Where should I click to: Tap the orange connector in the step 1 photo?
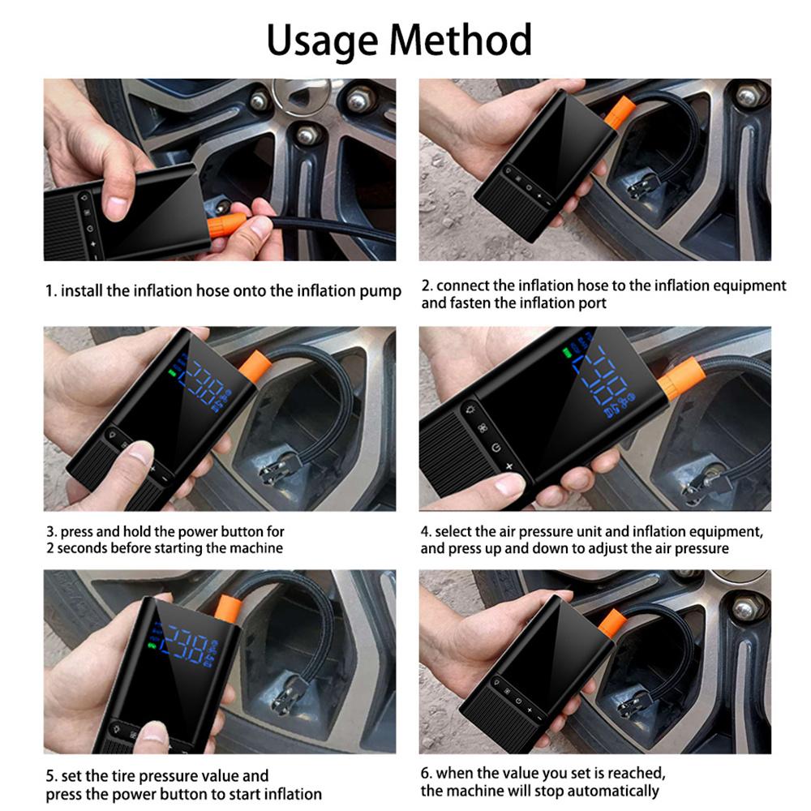click(x=229, y=223)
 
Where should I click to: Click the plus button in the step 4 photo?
click(x=509, y=466)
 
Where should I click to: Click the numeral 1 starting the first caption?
click(x=48, y=290)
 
